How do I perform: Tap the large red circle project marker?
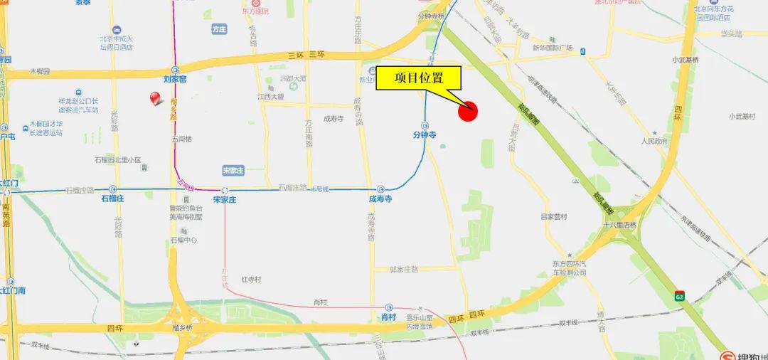tap(468, 110)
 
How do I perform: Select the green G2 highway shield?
tap(680, 294)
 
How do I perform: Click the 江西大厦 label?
tap(271, 96)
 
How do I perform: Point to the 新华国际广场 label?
tap(553, 48)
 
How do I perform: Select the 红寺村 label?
tap(252, 279)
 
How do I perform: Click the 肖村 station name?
tap(389, 317)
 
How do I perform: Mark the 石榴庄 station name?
tap(113, 200)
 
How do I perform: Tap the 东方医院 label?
tap(257, 11)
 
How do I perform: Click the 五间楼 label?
tap(181, 139)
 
